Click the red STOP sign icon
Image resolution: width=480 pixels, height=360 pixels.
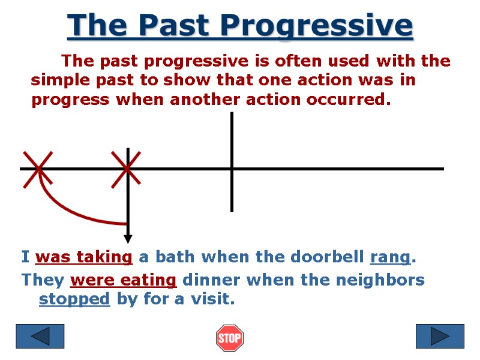(x=229, y=338)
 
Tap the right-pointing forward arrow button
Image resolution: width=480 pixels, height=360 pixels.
(x=440, y=337)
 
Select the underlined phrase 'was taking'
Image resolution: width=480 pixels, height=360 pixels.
(x=83, y=257)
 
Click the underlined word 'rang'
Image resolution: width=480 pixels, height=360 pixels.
(x=390, y=257)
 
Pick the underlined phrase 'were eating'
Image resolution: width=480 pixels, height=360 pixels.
(x=123, y=280)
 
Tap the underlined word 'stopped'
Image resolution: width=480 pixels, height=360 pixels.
(x=74, y=299)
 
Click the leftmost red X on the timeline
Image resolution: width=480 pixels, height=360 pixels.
(x=38, y=169)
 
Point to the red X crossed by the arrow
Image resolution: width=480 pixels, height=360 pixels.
(x=127, y=169)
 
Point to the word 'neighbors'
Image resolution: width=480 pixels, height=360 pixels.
(x=384, y=280)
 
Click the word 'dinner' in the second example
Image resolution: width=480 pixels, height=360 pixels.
(x=206, y=280)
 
